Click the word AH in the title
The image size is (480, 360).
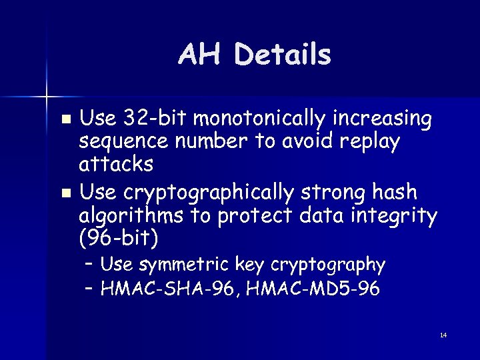tap(203, 55)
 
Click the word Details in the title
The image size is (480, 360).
tap(283, 55)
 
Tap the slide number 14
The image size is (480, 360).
tap(443, 335)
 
